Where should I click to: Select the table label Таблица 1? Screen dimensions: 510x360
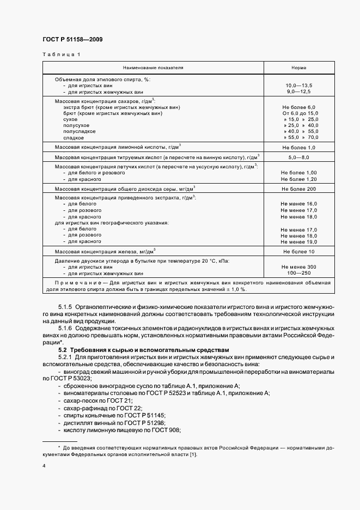61,54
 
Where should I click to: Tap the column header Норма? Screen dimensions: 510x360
299,68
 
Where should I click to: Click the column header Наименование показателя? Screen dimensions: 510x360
153,68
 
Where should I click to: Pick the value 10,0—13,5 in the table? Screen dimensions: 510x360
299,86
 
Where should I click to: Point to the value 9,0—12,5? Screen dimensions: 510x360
299,92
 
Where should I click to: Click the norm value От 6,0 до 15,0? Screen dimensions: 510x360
299,113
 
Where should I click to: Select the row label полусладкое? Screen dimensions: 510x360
80,131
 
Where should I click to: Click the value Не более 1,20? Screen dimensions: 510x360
299,179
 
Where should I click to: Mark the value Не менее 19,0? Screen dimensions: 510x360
299,241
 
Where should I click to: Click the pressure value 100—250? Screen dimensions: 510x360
299,273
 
